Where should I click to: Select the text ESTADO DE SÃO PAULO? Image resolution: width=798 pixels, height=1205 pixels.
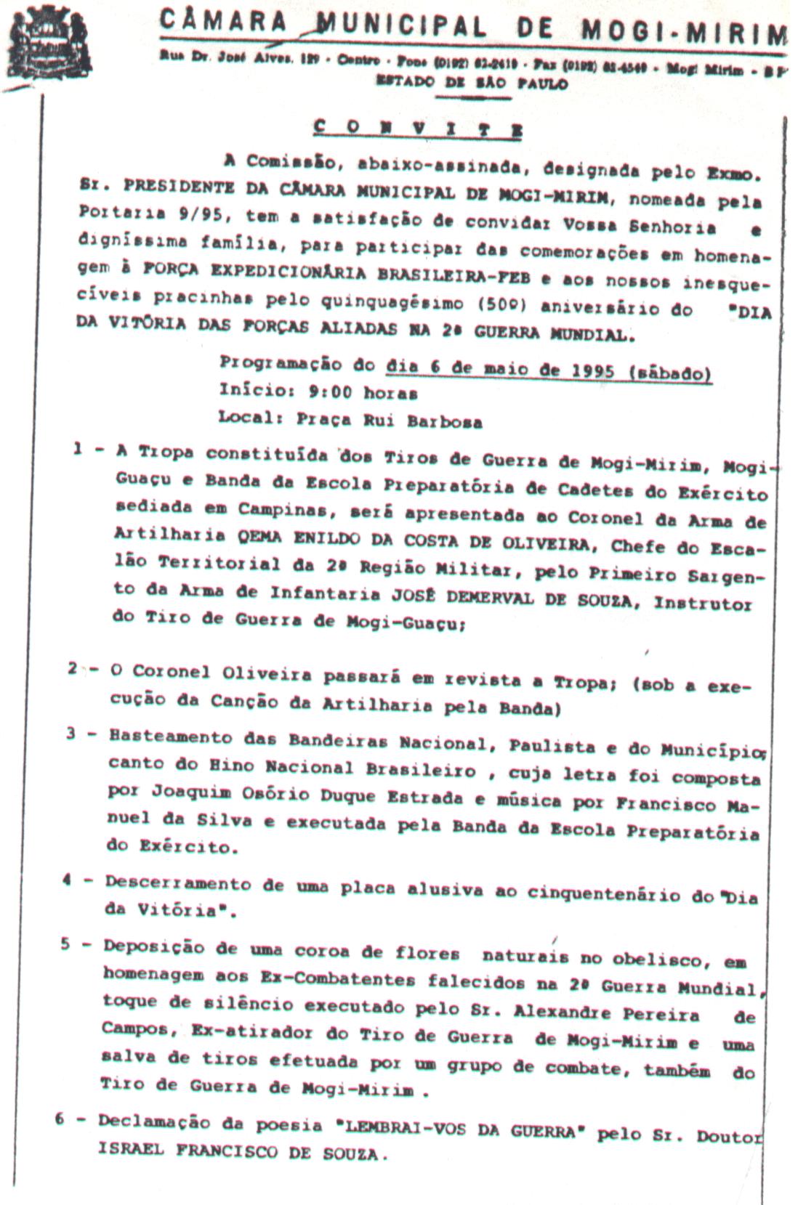pyautogui.click(x=471, y=84)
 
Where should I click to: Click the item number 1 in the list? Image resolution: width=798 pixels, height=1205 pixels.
pyautogui.click(x=78, y=450)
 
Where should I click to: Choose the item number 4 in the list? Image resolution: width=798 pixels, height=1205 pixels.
pyautogui.click(x=66, y=880)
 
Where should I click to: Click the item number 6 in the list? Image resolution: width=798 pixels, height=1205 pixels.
pyautogui.click(x=60, y=1119)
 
